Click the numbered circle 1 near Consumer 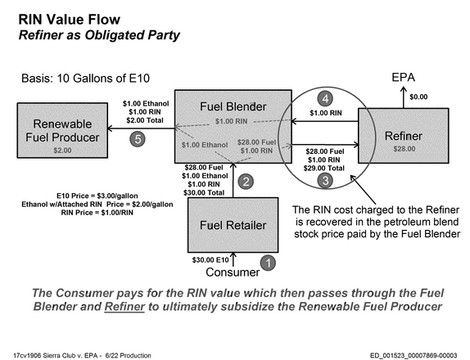268,263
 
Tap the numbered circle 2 246,182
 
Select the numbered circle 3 325,180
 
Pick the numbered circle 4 325,98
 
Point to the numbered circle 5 138,139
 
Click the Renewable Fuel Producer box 62,131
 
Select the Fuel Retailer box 233,225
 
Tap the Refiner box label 404,136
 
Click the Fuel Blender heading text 233,106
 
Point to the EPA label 403,78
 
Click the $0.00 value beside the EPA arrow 418,97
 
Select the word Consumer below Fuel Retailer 233,272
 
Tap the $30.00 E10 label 210,260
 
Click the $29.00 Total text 323,169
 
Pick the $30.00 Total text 204,192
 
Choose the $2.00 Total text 145,120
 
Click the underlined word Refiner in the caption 124,307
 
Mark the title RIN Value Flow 70,20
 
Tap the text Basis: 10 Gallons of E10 85,79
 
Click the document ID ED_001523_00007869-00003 414,356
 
